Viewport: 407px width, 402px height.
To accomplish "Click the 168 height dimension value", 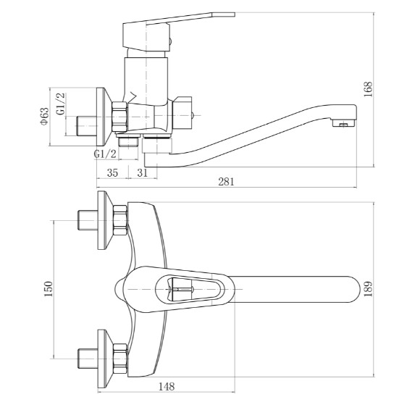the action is tap(368, 89).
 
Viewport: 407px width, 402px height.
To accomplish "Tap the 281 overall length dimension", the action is tap(226, 182).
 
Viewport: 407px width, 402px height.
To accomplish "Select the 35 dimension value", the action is tap(112, 172).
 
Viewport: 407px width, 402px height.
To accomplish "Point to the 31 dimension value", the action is tap(142, 172).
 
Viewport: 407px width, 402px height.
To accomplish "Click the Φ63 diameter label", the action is tap(44, 116).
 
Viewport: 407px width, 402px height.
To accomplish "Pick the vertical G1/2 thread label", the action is tap(61, 104).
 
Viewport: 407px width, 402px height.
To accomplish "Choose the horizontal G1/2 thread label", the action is tap(105, 154).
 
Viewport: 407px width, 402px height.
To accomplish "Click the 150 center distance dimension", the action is tap(48, 289).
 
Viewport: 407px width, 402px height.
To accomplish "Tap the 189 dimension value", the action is tap(368, 289).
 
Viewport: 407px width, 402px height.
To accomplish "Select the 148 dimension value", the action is tap(167, 387).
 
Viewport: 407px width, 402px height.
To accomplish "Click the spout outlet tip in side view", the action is tap(344, 124).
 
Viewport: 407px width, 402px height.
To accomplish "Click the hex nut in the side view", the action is tap(119, 117).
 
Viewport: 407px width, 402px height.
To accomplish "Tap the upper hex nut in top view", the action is tap(120, 220).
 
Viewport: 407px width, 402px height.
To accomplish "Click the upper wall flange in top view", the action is tap(104, 220).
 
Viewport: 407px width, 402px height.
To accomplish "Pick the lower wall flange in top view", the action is tap(104, 359).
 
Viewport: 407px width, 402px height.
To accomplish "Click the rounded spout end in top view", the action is tap(353, 289).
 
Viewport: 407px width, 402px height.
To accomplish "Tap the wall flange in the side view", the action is tap(104, 117).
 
